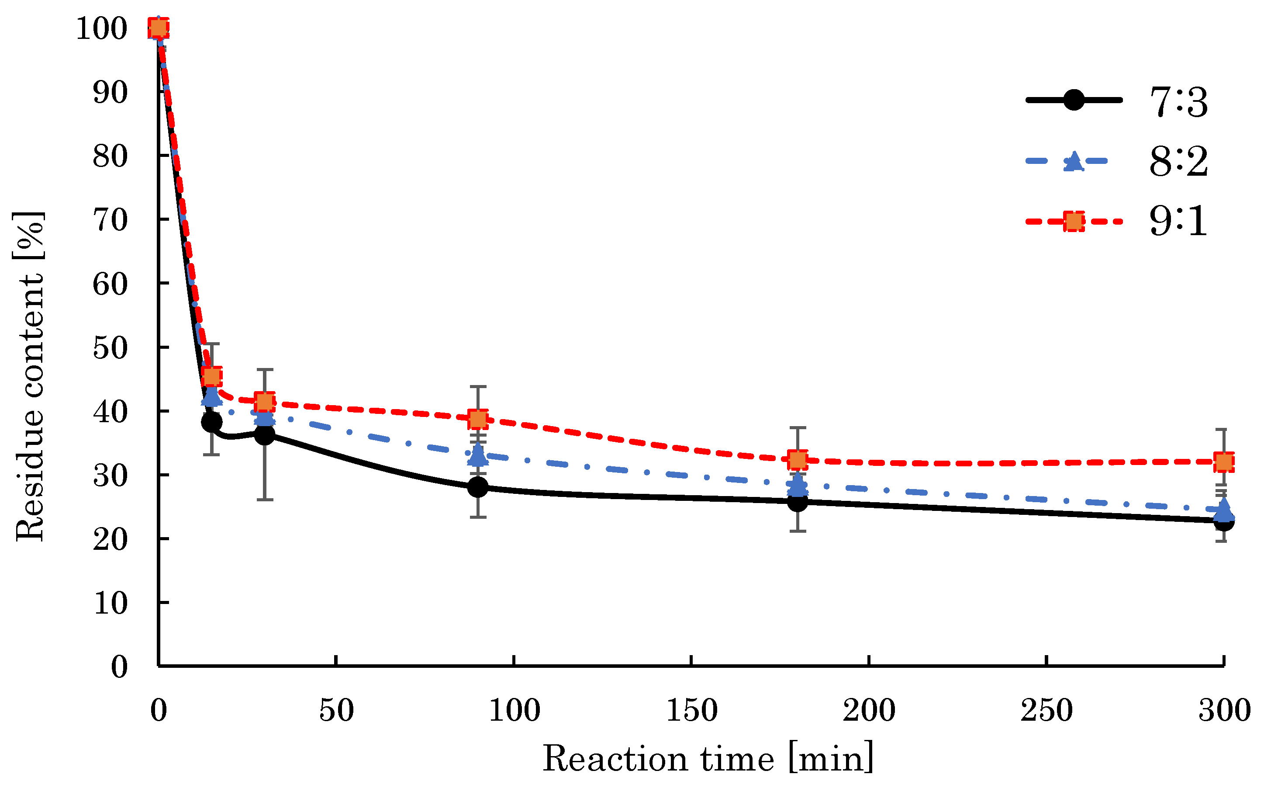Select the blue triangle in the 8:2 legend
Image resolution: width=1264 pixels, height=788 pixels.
[1074, 161]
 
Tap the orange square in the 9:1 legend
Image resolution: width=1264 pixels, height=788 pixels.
[1074, 222]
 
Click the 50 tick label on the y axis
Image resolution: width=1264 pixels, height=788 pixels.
[110, 347]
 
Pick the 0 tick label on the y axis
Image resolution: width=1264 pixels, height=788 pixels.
[119, 667]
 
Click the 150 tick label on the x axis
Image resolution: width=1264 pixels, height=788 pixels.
[692, 710]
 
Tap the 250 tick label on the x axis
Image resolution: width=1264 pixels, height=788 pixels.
[1046, 710]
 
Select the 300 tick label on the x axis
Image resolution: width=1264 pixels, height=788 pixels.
[1224, 710]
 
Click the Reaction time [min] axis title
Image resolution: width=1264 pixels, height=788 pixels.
[708, 759]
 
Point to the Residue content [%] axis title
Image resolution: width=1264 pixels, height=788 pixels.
[30, 376]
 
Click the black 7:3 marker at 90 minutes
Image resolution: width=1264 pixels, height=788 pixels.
[477, 487]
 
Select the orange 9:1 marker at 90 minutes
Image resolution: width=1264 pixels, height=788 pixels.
[477, 419]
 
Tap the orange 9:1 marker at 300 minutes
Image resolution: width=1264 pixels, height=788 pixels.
[1223, 462]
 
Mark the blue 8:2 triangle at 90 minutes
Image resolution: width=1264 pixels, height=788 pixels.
[477, 455]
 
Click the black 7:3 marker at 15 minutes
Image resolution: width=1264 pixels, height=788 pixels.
[211, 422]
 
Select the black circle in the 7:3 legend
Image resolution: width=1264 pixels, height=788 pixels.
[1074, 100]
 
